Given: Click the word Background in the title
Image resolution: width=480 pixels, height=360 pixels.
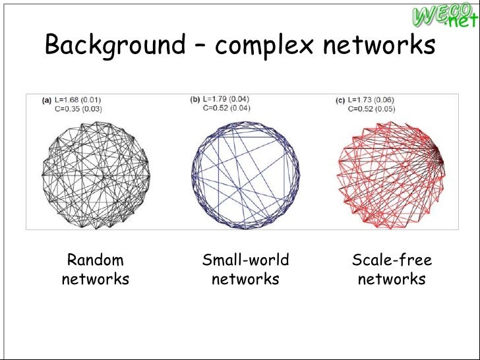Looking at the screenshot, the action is point(115,45).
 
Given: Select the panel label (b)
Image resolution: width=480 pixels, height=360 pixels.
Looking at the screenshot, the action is point(195,100).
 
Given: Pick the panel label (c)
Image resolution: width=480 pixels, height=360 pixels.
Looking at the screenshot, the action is point(341,101).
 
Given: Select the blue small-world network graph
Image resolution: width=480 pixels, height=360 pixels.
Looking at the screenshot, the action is point(245,173).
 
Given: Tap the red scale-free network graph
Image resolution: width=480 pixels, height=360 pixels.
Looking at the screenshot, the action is point(391,173).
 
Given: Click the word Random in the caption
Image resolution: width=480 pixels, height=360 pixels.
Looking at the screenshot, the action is point(96,260).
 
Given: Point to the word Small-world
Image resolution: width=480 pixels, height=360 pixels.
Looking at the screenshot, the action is point(245,260).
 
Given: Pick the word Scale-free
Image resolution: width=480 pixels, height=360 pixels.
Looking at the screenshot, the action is point(392,260).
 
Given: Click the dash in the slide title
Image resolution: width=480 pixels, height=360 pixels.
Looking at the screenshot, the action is point(200,46).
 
